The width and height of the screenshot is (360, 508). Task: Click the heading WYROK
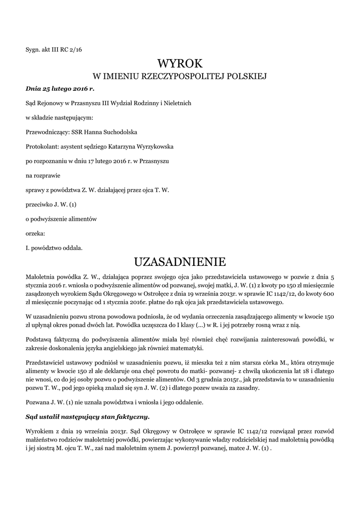point(180,63)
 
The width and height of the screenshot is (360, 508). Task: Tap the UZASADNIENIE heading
point(180,261)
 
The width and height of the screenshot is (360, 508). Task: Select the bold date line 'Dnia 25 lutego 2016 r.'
point(60,89)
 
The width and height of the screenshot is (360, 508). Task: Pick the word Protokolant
point(41,146)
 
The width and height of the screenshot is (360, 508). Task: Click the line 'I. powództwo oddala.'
point(54,247)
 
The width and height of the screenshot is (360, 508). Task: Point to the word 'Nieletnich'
point(175,103)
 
